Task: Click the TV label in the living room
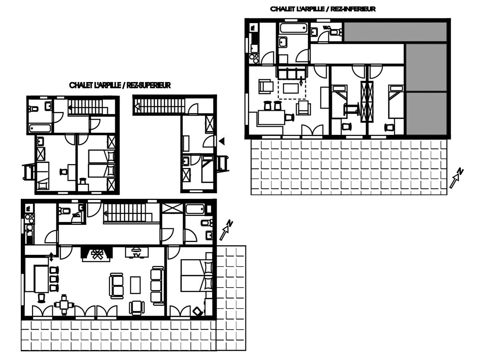pyautogui.click(x=137, y=255)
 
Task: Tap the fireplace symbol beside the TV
pyautogui.click(x=97, y=254)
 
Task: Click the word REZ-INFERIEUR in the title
pyautogui.click(x=353, y=9)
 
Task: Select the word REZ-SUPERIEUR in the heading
pyautogui.click(x=148, y=85)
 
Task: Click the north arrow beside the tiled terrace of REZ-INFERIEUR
pyautogui.click(x=456, y=178)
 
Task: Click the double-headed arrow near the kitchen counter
pyautogui.click(x=51, y=257)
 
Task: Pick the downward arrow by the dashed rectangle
pyautogui.click(x=301, y=81)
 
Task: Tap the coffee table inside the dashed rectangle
pyautogui.click(x=291, y=88)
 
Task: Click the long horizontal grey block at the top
pyautogui.click(x=395, y=32)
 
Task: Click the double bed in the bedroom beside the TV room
pyautogui.click(x=196, y=276)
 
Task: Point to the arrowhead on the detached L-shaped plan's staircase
pyautogui.click(x=137, y=107)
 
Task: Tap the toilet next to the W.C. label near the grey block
pyautogui.click(x=335, y=32)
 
